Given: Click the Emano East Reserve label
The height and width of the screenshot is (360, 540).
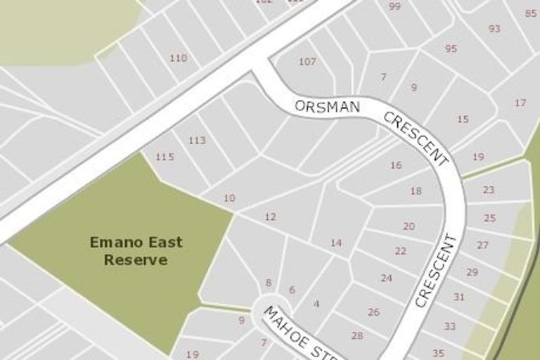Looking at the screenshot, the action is tap(136, 251).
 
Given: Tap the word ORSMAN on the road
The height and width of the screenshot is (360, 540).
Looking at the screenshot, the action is tap(328, 106).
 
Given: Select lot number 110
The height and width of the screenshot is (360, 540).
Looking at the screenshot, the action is tap(179, 58).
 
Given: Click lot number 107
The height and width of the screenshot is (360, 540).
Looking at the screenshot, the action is tap(307, 62).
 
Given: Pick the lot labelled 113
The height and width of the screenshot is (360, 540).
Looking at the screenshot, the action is tap(197, 141).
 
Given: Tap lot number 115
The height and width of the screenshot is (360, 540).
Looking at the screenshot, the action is tap(165, 157).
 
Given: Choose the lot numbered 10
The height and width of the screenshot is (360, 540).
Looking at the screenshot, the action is tap(229, 198).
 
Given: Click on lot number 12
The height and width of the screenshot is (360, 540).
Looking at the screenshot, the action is tap(270, 217).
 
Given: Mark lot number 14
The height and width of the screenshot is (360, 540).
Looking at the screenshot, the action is tap(336, 243).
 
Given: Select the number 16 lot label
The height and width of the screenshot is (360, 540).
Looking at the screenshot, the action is tap(396, 165).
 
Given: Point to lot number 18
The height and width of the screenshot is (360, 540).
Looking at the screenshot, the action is tap(416, 191).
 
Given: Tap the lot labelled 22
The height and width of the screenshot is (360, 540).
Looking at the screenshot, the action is tap(401, 251).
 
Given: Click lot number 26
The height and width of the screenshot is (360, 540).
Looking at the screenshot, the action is tap(373, 312).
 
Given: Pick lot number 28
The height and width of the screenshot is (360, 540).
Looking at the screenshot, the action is tap(357, 335).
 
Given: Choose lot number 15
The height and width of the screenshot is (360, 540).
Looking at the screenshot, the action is tap(463, 120).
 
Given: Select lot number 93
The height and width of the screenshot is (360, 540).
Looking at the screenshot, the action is tap(494, 29).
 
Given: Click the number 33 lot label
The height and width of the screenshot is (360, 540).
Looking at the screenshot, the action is tap(450, 326).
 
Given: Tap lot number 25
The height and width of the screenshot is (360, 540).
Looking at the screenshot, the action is tap(489, 218).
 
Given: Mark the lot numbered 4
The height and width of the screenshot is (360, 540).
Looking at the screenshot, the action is tap(316, 304).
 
